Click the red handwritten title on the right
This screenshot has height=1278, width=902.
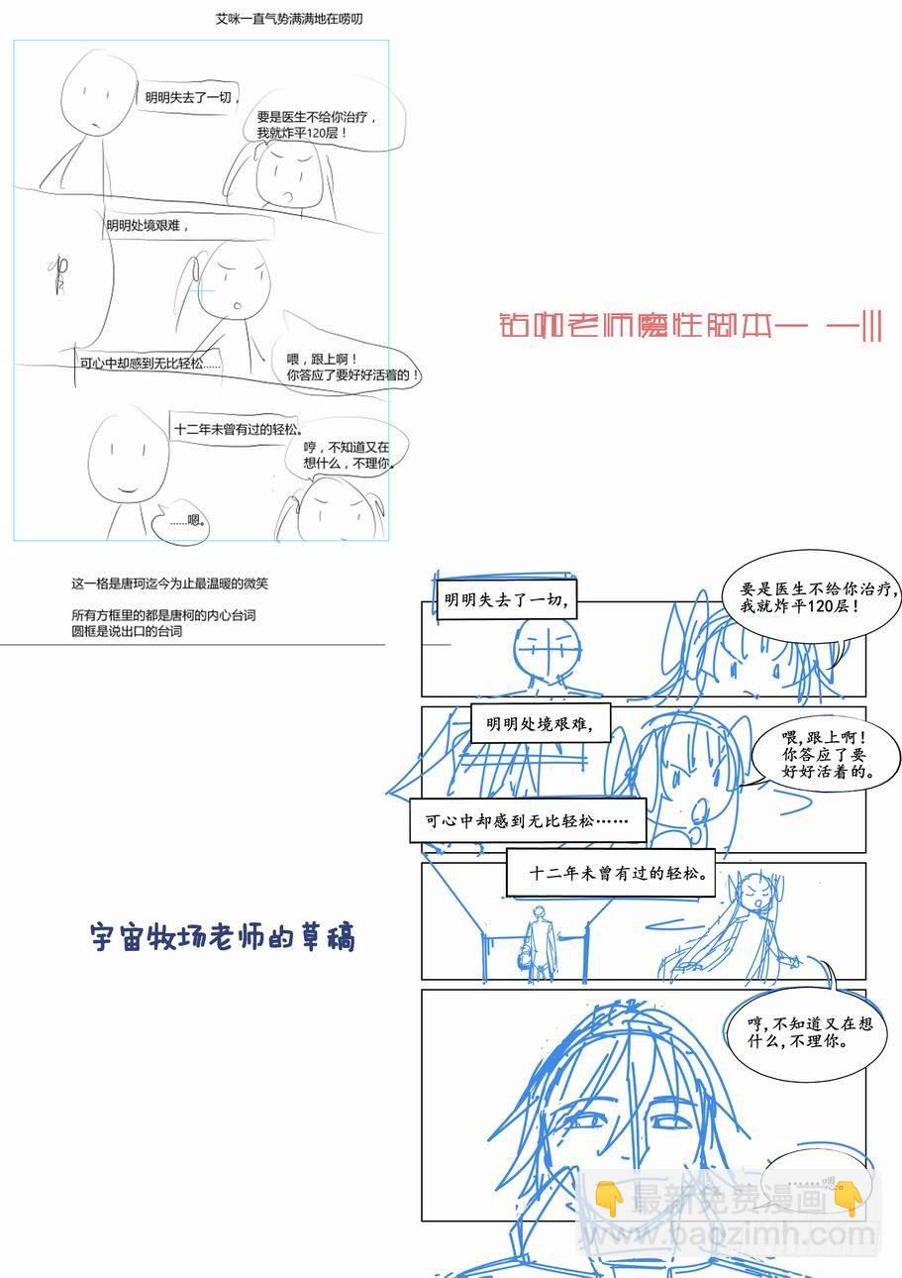point(690,326)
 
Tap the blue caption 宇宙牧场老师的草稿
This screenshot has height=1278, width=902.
point(222,936)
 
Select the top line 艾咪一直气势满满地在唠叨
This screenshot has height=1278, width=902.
point(288,19)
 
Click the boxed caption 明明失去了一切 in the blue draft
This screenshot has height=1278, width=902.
point(505,599)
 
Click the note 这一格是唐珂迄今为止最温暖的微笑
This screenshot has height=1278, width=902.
point(169,584)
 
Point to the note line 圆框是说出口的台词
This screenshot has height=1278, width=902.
point(127,631)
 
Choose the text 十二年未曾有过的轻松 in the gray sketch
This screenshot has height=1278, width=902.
point(238,429)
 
